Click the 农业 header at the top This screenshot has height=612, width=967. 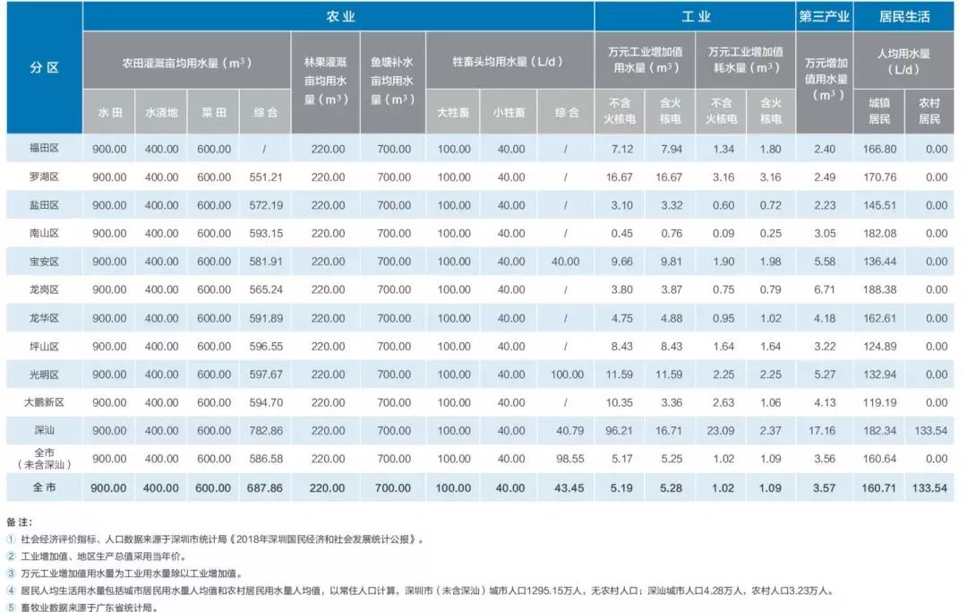(338, 16)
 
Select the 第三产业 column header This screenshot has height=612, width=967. (823, 16)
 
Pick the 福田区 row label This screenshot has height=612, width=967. (44, 149)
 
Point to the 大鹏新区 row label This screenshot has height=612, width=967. (44, 402)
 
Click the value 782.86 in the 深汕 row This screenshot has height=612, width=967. (266, 431)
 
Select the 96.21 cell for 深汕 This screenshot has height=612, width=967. (620, 431)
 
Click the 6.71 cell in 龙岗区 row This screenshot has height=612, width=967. (823, 290)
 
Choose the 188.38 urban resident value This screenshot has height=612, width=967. (878, 290)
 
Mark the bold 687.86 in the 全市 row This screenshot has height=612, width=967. (266, 488)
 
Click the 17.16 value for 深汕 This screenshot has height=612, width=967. (823, 431)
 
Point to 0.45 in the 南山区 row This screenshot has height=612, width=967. (620, 234)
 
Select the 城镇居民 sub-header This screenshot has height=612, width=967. (878, 111)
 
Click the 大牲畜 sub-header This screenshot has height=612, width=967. (453, 113)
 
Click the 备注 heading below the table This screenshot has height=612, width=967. (18, 521)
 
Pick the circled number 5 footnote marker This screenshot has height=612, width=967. (11, 606)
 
